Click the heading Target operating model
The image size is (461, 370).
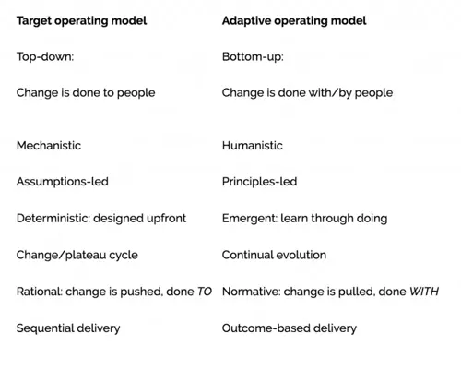tap(81, 21)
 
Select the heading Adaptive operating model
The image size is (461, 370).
tap(294, 21)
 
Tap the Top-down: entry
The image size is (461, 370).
tap(45, 56)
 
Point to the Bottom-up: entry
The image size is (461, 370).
tap(253, 57)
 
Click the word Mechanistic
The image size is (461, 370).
tap(49, 146)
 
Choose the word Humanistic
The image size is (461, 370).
tap(253, 146)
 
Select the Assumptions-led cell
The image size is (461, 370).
tap(63, 182)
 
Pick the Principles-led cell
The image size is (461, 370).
tap(260, 182)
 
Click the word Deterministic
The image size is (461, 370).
tap(53, 218)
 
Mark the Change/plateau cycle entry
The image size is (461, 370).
tap(77, 255)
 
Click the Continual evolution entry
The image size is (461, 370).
tap(274, 255)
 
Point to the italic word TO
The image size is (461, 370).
tap(205, 292)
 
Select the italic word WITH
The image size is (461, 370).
tap(424, 292)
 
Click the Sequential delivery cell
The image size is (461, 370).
tap(68, 328)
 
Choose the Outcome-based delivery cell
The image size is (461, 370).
tap(290, 328)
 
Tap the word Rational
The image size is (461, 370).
tap(39, 292)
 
